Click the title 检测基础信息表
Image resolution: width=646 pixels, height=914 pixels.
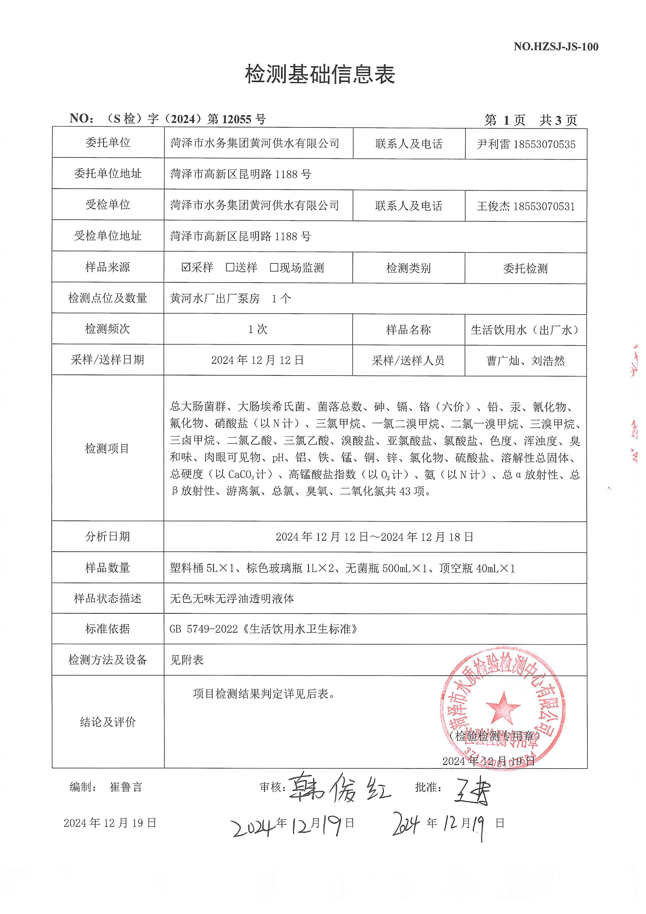[320, 75]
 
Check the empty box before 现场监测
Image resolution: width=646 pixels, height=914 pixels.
[274, 267]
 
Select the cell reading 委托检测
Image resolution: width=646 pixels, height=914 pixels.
[525, 269]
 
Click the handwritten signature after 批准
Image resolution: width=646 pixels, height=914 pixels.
[473, 789]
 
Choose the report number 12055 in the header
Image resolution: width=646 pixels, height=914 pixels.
[237, 119]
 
